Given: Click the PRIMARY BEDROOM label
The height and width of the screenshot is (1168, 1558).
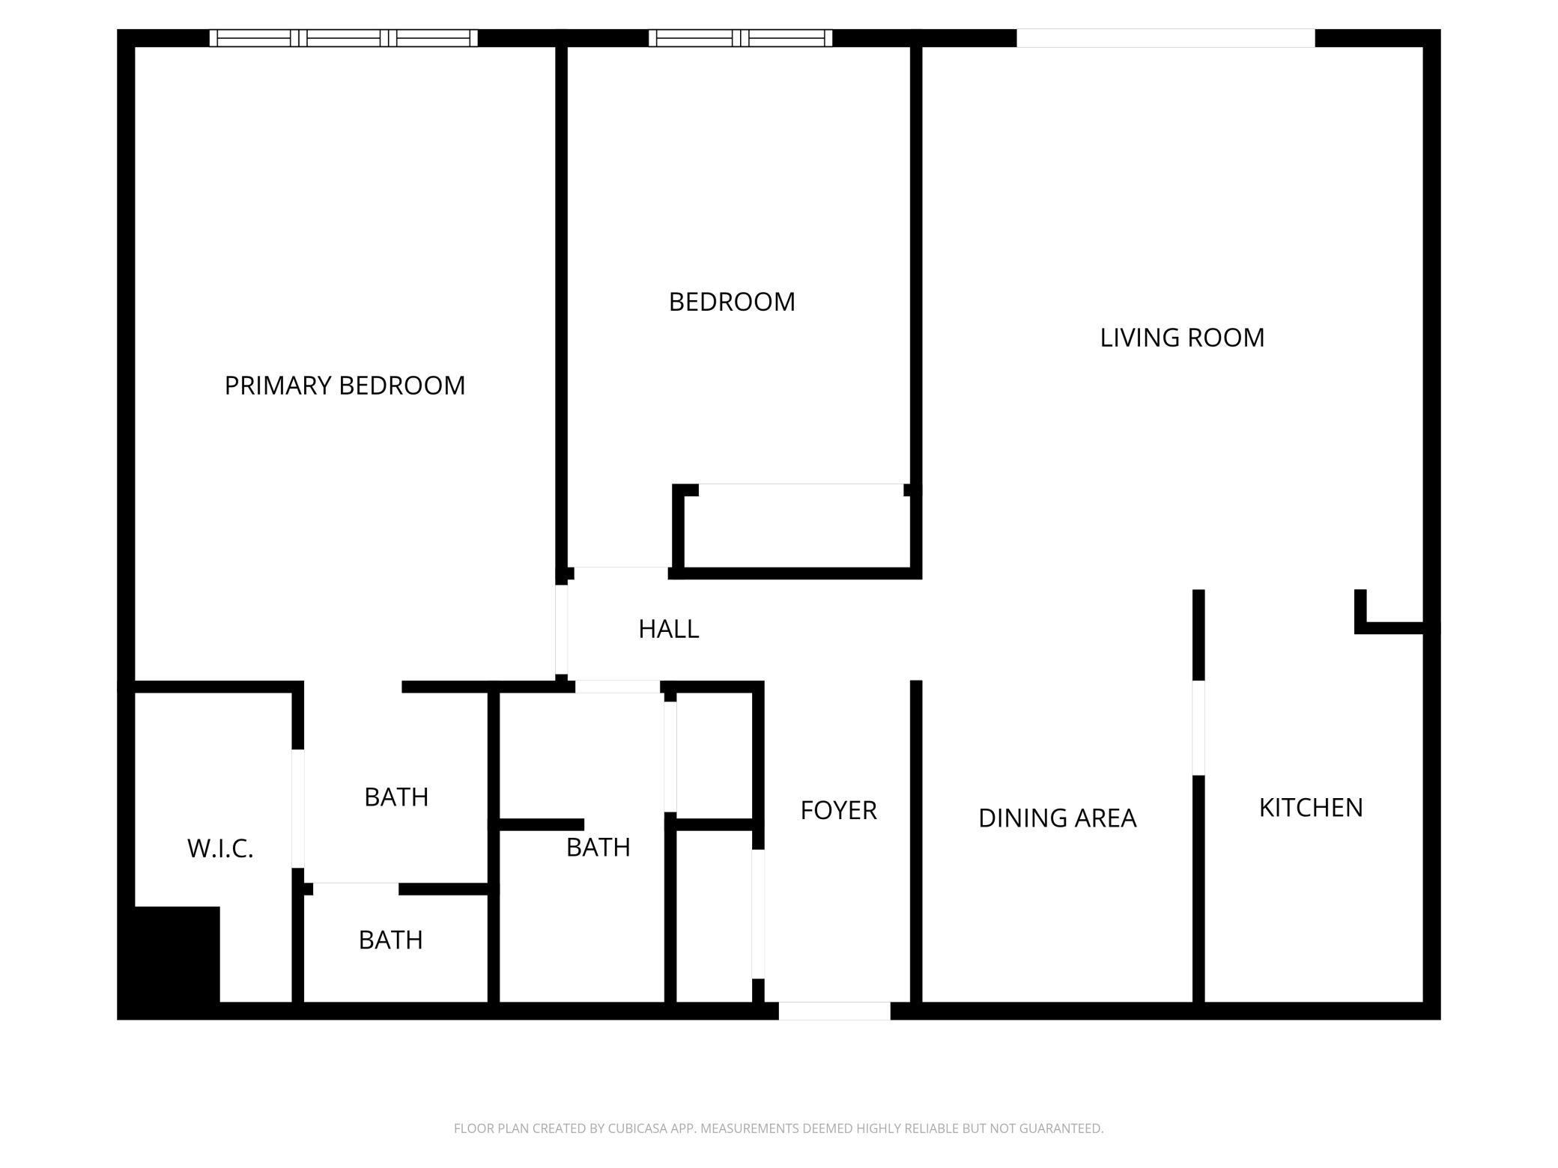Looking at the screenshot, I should pos(345,386).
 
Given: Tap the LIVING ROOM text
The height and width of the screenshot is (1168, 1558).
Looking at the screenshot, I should pos(1182,338).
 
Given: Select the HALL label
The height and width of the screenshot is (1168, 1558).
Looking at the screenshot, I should pos(668,629).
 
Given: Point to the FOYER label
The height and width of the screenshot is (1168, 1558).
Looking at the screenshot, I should pos(838,810).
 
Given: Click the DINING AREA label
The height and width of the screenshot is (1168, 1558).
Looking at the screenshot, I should pos(1057,818).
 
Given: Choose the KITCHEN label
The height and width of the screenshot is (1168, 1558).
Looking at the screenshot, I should pos(1310,808).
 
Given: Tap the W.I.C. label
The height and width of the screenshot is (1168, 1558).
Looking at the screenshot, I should pos(220,849).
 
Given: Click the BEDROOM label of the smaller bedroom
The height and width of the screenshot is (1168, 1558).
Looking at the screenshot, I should pos(732,302).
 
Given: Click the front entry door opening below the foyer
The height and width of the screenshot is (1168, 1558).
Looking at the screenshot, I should pos(834,1011).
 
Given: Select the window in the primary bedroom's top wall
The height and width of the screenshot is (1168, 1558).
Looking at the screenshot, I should pos(343,38).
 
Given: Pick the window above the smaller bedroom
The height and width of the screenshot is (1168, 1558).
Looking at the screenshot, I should pos(740,38).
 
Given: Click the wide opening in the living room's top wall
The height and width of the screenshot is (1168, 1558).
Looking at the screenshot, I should pos(1165,38).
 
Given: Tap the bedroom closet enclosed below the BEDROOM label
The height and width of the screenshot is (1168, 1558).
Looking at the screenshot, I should pos(798,528).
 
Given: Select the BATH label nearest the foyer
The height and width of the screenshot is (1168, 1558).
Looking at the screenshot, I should pos(598,848).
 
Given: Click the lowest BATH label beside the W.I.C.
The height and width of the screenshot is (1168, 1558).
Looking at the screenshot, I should pos(390,940).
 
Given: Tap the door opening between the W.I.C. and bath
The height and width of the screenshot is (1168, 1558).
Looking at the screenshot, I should pos(298,809).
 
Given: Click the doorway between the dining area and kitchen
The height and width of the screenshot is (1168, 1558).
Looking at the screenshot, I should pos(1198,728).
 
